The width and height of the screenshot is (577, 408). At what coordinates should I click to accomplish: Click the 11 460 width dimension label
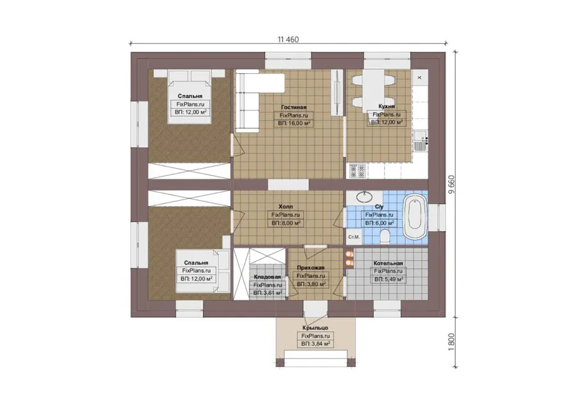288,39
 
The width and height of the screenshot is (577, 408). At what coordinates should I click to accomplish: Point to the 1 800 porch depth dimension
452,342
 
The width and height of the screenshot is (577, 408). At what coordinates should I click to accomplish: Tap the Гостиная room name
294,107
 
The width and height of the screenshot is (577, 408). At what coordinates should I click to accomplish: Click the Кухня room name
387,106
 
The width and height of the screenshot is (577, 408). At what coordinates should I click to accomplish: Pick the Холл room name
285,207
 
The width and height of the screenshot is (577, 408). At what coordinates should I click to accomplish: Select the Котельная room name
388,263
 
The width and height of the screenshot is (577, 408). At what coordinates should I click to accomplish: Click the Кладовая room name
267,277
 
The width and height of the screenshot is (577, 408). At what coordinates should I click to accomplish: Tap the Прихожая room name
310,268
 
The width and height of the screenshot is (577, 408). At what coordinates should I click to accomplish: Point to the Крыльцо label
315,328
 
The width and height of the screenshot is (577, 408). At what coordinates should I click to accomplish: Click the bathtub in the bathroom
415,217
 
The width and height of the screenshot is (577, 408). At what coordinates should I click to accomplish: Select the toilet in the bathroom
385,237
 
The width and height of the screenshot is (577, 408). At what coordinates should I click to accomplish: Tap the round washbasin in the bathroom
365,197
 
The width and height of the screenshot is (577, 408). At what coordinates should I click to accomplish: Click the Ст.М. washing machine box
354,237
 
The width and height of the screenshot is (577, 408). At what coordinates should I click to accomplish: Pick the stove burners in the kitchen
358,171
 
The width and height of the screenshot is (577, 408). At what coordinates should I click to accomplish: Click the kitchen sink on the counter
419,140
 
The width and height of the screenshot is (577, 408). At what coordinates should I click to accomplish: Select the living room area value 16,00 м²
294,123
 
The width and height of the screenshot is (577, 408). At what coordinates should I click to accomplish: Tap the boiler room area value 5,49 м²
389,280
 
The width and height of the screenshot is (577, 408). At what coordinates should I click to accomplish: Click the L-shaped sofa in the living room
254,100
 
